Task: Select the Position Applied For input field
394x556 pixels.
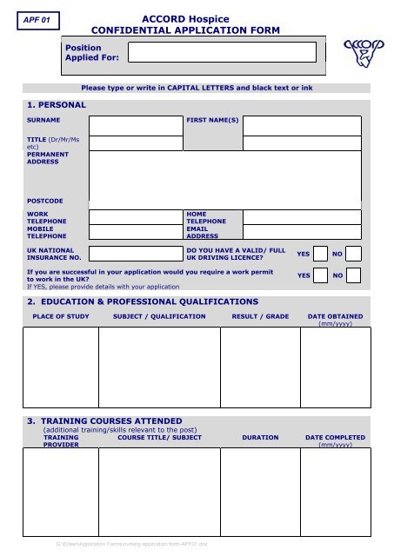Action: [224, 52]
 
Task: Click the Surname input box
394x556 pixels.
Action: [134, 125]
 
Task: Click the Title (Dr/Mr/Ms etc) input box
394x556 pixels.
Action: [134, 143]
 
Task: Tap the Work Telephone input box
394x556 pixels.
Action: [134, 217]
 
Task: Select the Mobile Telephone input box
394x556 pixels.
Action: [134, 232]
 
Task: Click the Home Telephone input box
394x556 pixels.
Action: [301, 217]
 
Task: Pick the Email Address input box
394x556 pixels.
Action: [301, 232]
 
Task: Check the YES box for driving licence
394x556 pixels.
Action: [319, 255]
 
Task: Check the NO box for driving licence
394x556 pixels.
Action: [353, 255]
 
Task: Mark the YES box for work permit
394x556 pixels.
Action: [319, 275]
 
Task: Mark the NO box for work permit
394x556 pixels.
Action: [353, 275]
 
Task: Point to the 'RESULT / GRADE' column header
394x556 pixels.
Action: [260, 317]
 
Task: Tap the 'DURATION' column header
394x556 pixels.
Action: [260, 438]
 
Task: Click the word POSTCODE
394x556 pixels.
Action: [44, 202]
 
